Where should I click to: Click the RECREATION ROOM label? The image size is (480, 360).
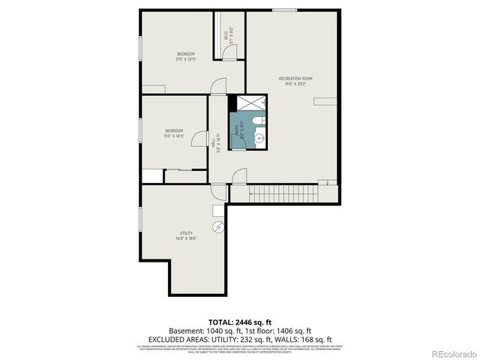(295, 78)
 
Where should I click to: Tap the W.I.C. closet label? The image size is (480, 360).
(226, 34)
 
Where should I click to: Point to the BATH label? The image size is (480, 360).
(237, 128)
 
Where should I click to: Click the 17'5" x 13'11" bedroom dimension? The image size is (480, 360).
(185, 59)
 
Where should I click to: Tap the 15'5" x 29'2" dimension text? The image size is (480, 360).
(295, 84)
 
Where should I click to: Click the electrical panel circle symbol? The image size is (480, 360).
(218, 226)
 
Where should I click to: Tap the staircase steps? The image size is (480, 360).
(292, 193)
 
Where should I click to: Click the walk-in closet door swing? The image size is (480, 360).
(233, 51)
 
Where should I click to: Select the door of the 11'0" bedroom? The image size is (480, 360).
(200, 139)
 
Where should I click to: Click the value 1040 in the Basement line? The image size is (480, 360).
(214, 330)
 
